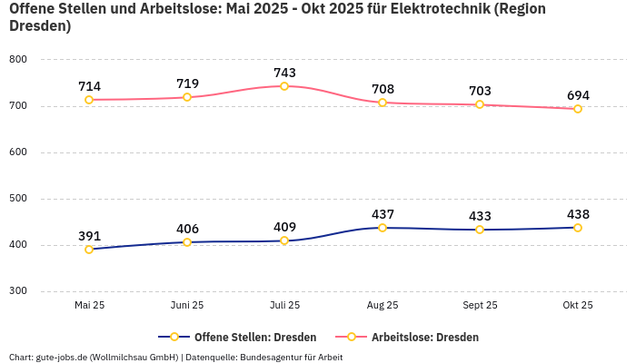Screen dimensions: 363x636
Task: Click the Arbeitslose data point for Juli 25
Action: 284,86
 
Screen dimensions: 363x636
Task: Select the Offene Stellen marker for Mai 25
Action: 89,249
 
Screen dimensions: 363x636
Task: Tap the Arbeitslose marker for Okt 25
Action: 578,109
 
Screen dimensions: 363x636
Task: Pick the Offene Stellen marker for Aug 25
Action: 383,228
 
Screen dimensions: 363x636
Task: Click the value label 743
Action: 284,73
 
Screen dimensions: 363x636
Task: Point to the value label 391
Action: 89,235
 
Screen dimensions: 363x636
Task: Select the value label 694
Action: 578,95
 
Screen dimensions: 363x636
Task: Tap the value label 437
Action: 383,214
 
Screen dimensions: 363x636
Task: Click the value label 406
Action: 187,229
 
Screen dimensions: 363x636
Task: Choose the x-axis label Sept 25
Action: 480,305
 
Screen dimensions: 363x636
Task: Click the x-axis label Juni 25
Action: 187,305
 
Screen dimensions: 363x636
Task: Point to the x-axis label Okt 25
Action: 578,305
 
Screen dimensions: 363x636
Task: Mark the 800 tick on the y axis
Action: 18,60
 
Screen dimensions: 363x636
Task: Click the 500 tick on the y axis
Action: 18,199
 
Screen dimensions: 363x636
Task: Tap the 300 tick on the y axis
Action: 18,291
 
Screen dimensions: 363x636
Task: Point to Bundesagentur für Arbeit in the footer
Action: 291,357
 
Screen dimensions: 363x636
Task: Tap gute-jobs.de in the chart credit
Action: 62,357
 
